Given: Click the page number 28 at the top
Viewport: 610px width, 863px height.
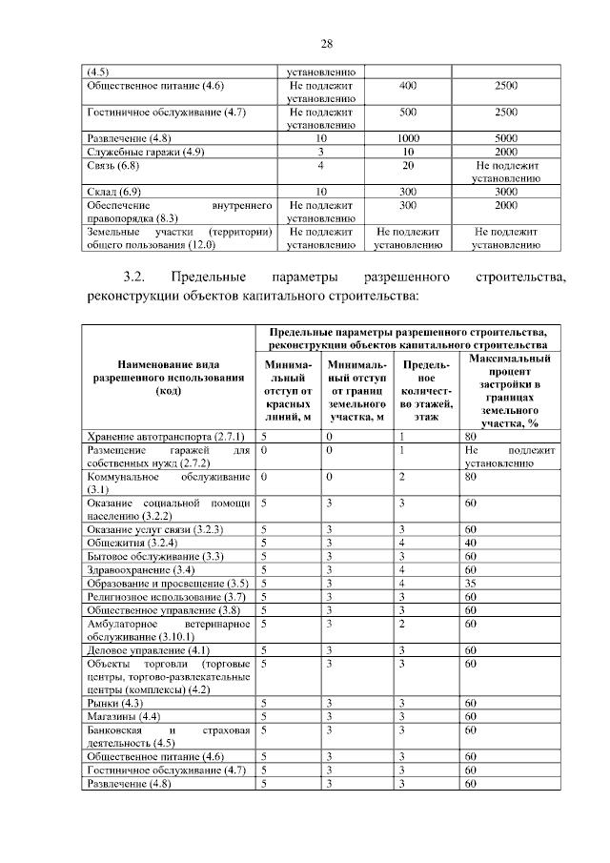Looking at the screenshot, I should [x=326, y=44].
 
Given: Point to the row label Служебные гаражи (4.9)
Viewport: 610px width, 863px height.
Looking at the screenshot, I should [x=145, y=152].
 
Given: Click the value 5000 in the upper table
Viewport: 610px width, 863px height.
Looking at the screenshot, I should [x=506, y=138].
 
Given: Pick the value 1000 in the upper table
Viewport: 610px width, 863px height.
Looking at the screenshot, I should [x=408, y=138].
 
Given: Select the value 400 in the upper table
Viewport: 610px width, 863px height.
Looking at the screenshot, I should [x=408, y=85].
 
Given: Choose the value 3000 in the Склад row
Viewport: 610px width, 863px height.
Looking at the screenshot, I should [x=506, y=192].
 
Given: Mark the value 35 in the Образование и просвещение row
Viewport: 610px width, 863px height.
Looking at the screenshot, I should [x=470, y=582].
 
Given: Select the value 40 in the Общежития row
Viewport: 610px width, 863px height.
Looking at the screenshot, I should [x=470, y=542].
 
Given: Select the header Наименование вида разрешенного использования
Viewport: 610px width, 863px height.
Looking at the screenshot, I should [x=167, y=377].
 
